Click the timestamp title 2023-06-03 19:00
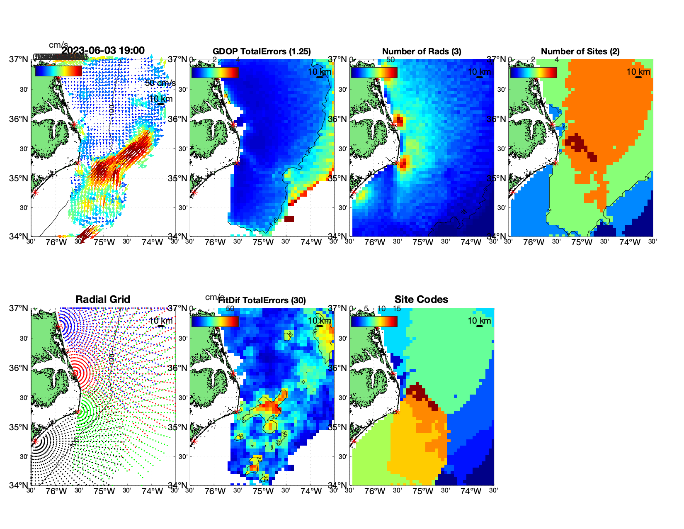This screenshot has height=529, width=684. (x=103, y=51)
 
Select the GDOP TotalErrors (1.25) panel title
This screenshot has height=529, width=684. (x=262, y=51)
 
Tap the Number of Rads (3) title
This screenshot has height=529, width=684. (x=422, y=51)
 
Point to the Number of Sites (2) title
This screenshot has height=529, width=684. (x=580, y=51)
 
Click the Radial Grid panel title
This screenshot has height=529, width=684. (x=103, y=300)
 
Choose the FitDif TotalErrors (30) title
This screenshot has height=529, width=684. (x=262, y=300)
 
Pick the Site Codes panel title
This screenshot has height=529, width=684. (x=421, y=300)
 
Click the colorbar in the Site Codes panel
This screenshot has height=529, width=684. (x=374, y=322)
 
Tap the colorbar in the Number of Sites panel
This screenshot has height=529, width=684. (x=534, y=72)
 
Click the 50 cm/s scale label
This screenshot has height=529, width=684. (x=160, y=83)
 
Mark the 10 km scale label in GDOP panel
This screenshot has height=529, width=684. (x=319, y=72)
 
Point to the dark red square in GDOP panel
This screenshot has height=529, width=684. (x=289, y=219)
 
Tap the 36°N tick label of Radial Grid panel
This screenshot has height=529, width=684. (x=19, y=368)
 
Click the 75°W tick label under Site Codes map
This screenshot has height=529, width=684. (x=422, y=492)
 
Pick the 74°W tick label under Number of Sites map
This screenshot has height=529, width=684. (x=630, y=243)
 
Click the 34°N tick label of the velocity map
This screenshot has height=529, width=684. (x=19, y=236)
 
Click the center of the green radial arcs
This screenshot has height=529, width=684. (x=78, y=412)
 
